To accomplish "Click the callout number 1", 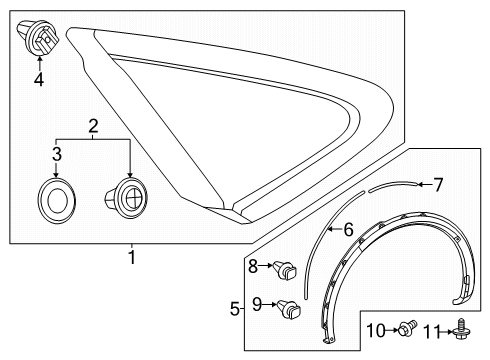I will click(132, 258).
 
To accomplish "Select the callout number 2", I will click(92, 127).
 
